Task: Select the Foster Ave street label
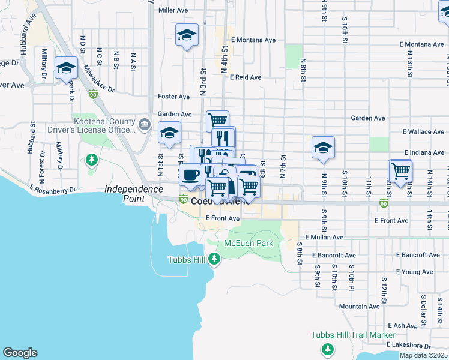coord(173,97)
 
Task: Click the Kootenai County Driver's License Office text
coord(103,125)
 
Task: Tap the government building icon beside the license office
coord(144,125)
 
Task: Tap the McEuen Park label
coord(249,243)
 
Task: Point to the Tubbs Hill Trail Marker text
coord(353,335)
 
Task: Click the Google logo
coord(20,353)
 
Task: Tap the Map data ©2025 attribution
coord(423,355)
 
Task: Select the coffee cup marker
coord(190,175)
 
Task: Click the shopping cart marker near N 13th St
coord(400,171)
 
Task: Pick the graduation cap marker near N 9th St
coord(323,148)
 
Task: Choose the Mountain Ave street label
coord(359,306)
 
